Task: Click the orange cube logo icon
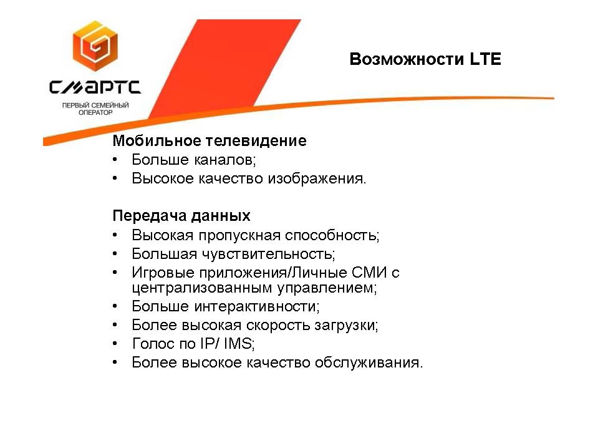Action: point(95,46)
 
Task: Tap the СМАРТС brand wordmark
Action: point(95,87)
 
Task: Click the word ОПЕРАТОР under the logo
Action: point(95,112)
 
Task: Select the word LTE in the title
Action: point(485,59)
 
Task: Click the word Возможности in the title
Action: point(407,59)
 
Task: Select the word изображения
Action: point(317,178)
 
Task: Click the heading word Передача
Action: point(149,216)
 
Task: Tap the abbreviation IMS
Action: point(239,344)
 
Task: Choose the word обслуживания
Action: point(369,362)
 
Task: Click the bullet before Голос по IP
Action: point(115,344)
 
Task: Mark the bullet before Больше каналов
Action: point(115,160)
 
